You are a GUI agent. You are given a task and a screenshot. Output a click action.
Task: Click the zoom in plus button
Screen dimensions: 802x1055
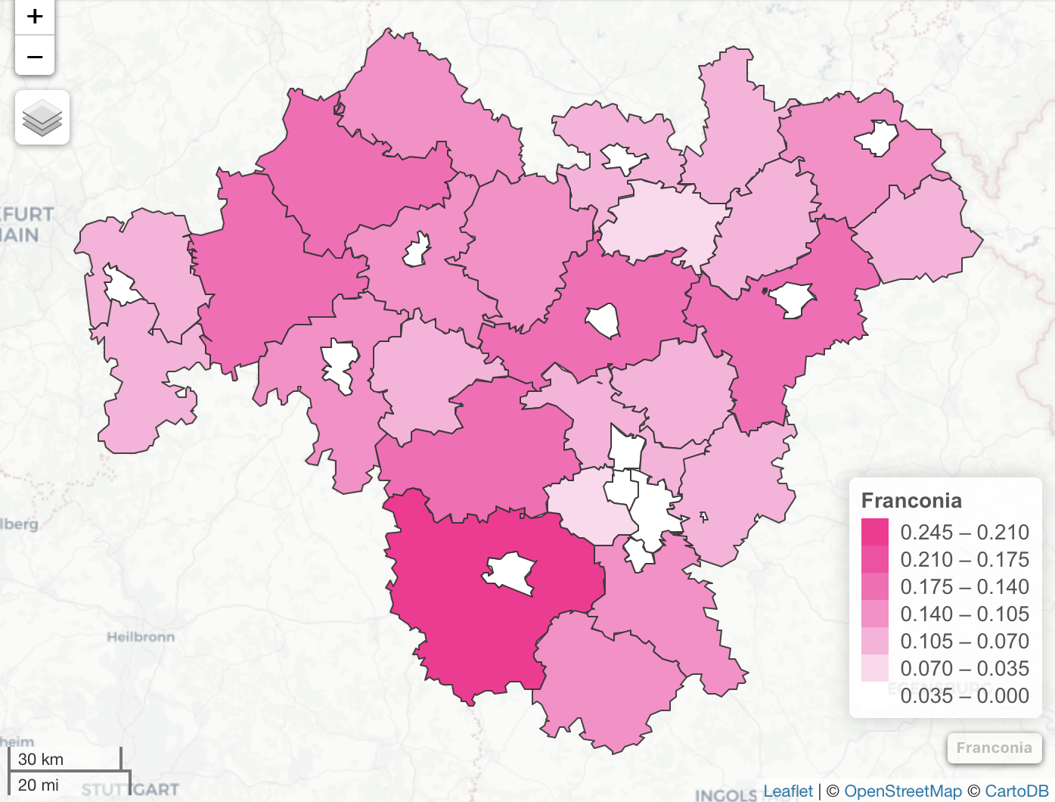tap(35, 17)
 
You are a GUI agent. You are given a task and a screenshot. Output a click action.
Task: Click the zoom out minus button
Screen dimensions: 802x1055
tap(35, 56)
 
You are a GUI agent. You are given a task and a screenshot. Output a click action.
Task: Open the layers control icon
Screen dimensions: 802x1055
tap(42, 118)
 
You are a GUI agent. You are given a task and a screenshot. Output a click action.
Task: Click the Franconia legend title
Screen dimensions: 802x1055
tap(911, 501)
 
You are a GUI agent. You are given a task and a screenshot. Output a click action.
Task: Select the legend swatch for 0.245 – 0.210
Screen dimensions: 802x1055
tap(875, 532)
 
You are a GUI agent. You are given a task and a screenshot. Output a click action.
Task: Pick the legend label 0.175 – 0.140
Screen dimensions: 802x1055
tap(964, 587)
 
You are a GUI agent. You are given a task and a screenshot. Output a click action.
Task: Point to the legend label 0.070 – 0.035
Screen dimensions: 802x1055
tap(964, 669)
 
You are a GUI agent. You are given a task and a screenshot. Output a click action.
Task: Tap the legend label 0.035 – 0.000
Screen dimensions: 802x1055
tap(964, 696)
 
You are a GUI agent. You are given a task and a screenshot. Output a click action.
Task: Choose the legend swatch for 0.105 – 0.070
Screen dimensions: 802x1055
tap(875, 641)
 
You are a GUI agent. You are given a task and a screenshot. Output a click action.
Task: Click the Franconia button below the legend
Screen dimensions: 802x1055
tap(994, 748)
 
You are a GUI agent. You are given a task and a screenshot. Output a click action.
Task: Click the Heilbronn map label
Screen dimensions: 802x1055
tap(141, 637)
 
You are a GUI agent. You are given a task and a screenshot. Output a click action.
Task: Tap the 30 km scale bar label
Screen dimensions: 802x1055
tap(41, 760)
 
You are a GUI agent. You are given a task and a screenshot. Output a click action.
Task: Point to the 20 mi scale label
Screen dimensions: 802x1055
tap(39, 785)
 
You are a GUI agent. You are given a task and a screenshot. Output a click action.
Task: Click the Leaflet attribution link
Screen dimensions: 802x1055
tap(788, 791)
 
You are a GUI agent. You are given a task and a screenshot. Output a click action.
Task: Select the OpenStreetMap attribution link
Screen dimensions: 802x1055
tap(903, 791)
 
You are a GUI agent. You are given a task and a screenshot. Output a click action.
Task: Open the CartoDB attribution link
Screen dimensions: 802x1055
tap(1016, 791)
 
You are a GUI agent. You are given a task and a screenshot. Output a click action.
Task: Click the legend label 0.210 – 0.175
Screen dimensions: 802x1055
tap(964, 560)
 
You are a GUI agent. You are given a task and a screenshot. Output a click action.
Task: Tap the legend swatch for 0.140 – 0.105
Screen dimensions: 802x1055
tap(875, 614)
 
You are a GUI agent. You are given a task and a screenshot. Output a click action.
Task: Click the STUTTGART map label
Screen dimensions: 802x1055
tap(130, 790)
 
